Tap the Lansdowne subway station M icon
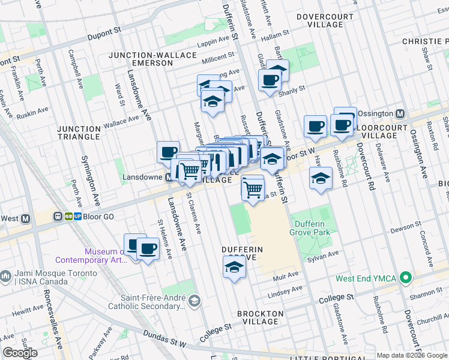(170, 178)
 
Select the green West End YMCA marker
(406, 278)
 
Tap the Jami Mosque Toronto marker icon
(6, 277)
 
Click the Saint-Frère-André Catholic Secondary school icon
(194, 300)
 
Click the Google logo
(20, 353)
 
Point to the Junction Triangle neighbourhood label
(79, 133)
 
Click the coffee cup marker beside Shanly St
(269, 80)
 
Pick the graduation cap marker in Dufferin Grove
(234, 267)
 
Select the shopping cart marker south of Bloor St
(253, 188)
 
